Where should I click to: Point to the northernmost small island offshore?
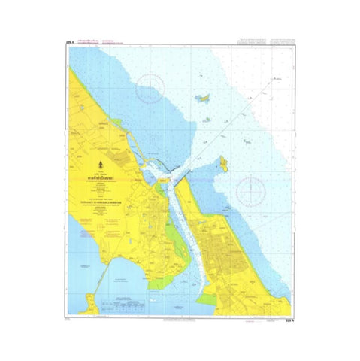click(202, 97)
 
